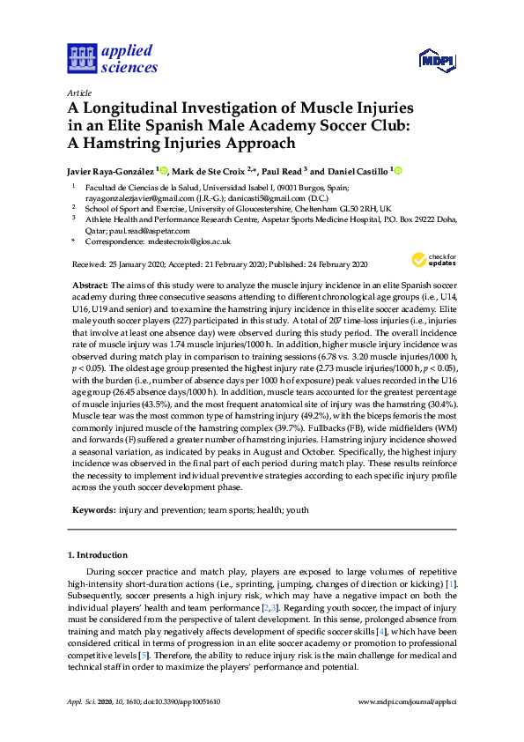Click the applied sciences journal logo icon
pos(81,59)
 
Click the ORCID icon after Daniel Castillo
pos(397,171)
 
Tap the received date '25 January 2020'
pos(136,264)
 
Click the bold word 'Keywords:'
pos(92,509)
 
